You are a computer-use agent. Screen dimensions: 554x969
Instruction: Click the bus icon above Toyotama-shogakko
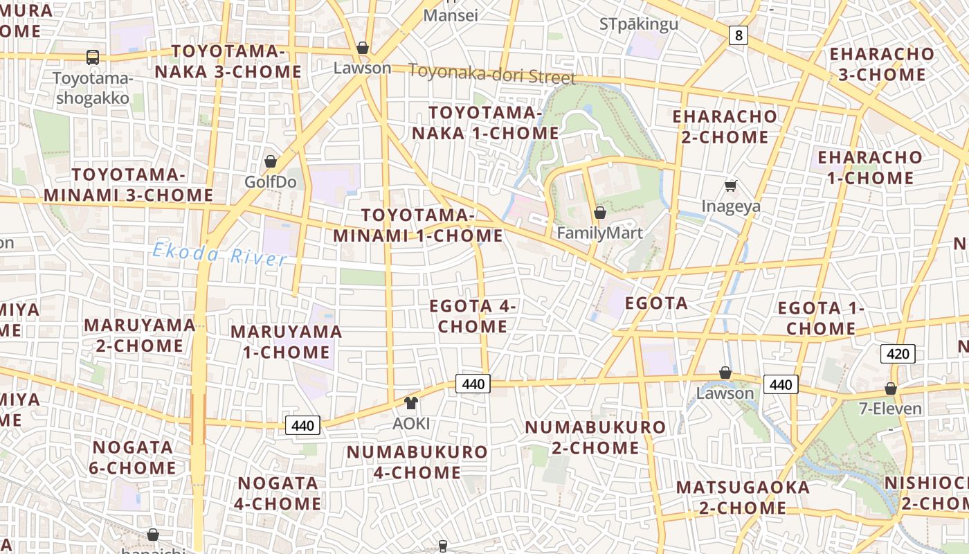tap(92, 57)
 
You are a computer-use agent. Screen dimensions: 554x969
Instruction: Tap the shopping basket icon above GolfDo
tap(271, 161)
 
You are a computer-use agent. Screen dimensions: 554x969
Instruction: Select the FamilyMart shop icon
tap(600, 213)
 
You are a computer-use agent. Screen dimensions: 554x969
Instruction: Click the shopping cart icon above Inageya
tap(730, 186)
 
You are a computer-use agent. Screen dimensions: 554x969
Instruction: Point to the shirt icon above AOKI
tap(411, 403)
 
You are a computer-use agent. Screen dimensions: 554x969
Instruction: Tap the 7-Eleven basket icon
tap(891, 388)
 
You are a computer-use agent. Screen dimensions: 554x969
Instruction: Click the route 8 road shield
tap(739, 35)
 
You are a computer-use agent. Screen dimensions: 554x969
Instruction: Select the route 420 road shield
tap(898, 354)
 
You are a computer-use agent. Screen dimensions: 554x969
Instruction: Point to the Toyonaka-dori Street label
tap(492, 73)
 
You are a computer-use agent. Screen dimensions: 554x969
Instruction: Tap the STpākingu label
tap(639, 24)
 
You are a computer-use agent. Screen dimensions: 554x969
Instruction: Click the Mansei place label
tap(451, 15)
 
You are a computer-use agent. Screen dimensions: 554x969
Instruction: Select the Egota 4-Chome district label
tap(473, 316)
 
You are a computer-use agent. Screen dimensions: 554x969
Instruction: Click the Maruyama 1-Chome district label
tap(287, 341)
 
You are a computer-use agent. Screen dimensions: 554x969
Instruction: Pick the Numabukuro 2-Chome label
tap(595, 437)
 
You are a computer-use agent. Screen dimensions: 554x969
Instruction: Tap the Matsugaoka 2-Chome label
tap(743, 497)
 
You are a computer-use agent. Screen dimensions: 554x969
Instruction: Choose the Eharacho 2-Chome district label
tap(725, 126)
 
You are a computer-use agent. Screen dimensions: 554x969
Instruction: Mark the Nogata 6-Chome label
tap(133, 457)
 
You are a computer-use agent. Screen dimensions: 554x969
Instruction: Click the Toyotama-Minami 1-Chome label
tap(418, 225)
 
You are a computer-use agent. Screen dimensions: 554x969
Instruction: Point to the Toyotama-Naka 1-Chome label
tap(484, 123)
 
